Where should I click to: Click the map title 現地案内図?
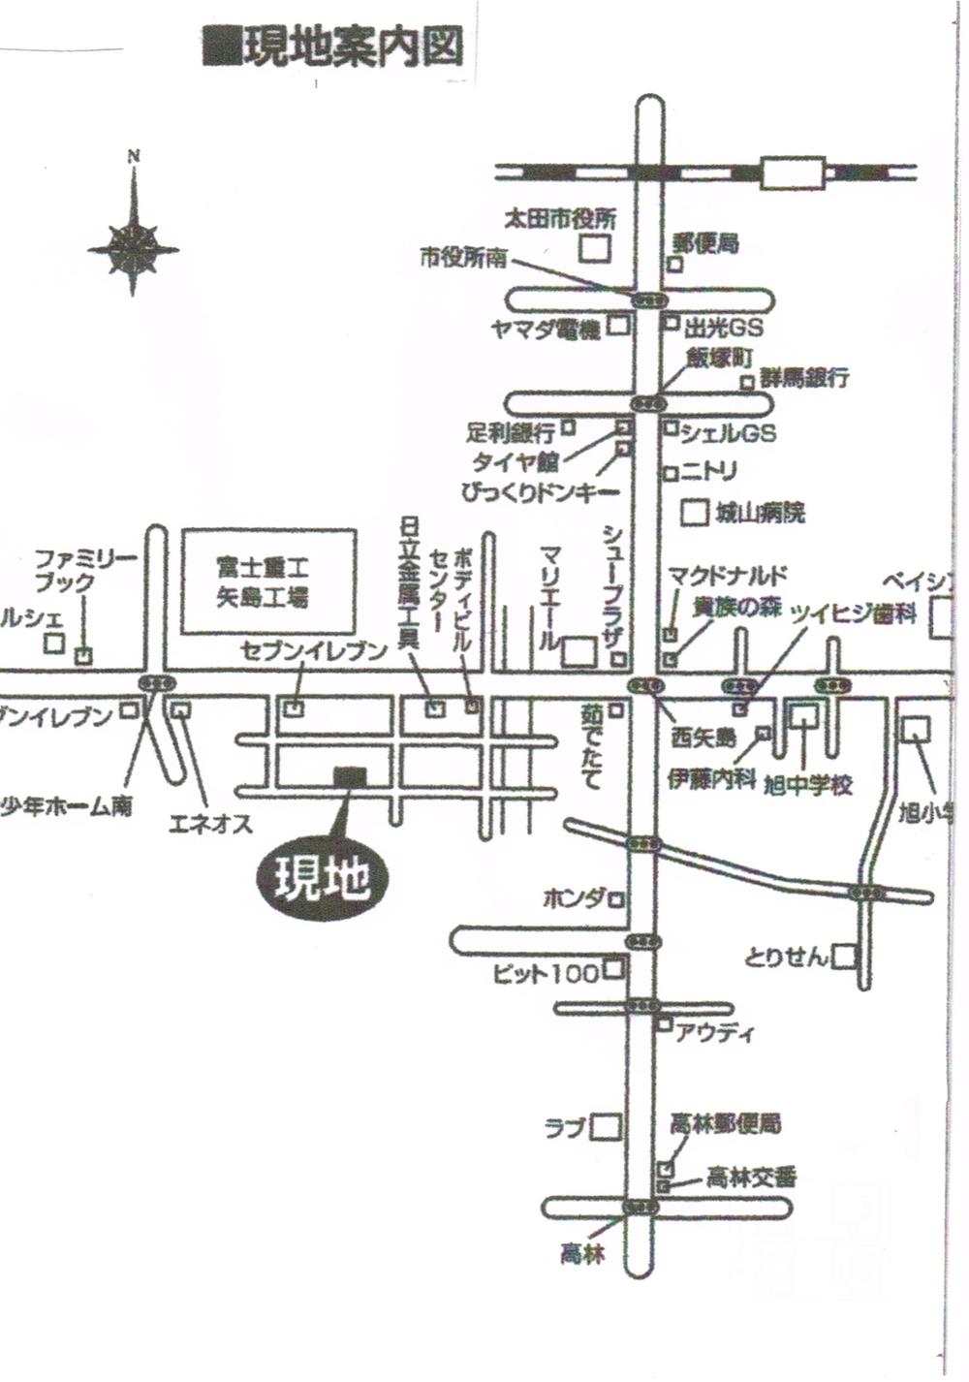coord(334,47)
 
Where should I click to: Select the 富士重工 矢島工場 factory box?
coord(268,581)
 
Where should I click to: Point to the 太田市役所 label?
coord(559,219)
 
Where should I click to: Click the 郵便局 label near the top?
coord(706,242)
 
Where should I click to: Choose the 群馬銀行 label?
coord(804,377)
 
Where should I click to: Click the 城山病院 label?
coord(761,513)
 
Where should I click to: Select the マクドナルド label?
coord(728,576)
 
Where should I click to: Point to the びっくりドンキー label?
coord(540,492)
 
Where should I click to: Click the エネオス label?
coord(210,825)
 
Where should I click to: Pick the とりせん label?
coord(787,958)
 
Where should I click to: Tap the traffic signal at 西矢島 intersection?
coord(646,685)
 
